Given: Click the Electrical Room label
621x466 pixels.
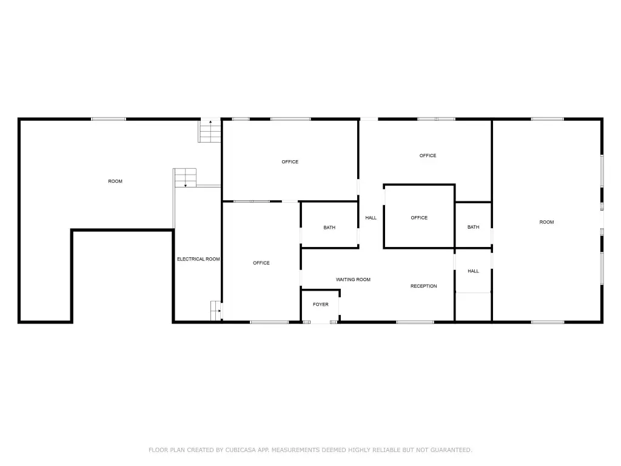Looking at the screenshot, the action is tap(198, 259).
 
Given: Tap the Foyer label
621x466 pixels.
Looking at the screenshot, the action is tap(321, 305).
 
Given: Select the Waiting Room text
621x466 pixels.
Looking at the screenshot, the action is tap(354, 279).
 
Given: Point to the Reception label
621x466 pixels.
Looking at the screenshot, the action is tap(424, 286).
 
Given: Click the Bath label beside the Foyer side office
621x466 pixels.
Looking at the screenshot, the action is tap(329, 228).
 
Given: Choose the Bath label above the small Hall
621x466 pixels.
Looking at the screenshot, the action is tap(473, 227).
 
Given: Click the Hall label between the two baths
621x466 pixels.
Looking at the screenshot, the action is tap(371, 218).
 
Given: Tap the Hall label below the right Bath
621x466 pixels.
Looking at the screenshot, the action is tap(473, 271).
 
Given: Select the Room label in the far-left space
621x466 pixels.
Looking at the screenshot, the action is tap(115, 181).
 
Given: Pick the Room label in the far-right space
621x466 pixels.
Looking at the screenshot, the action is tap(546, 222).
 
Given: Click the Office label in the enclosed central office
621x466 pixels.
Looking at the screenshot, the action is tap(419, 218).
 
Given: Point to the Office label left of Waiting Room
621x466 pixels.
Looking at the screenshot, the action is tap(261, 263).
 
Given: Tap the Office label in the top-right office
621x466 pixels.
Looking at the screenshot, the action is tap(428, 155).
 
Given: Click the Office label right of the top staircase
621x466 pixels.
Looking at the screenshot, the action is tap(290, 161).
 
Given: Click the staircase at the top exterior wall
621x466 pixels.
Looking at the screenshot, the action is tap(210, 130).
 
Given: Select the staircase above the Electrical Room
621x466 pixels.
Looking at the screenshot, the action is tap(185, 178).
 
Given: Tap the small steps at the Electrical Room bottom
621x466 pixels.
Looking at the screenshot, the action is tap(217, 311).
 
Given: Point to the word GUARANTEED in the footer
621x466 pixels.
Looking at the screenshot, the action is tap(451, 450).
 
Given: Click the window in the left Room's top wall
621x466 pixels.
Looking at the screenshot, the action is tap(109, 119).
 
